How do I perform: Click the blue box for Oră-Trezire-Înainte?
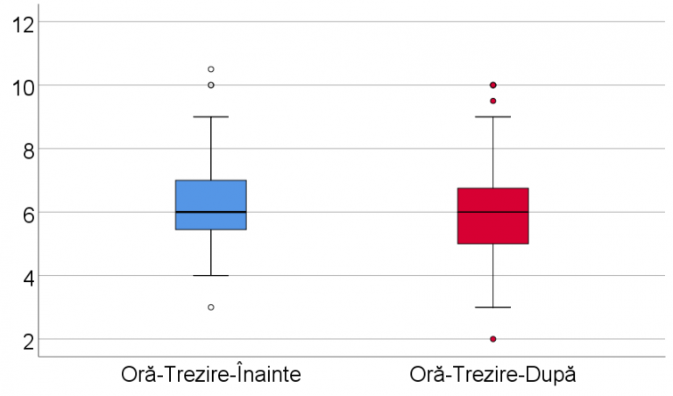(211, 197)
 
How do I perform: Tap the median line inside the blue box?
(211, 212)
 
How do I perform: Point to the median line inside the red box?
(493, 212)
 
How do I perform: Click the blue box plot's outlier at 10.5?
(211, 69)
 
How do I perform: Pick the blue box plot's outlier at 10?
(211, 85)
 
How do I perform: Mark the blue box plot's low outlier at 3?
(211, 308)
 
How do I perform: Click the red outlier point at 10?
(493, 85)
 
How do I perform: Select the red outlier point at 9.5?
(493, 101)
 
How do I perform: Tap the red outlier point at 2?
(493, 339)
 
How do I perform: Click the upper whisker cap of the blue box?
(211, 117)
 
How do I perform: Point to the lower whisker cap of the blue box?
(211, 276)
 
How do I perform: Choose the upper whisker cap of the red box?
(493, 117)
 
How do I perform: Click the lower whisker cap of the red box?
(493, 308)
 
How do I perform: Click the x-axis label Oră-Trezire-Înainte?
(211, 375)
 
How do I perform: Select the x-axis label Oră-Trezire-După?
(493, 375)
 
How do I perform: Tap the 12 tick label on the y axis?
(25, 24)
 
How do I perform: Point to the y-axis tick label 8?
(29, 150)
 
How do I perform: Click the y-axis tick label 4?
(29, 277)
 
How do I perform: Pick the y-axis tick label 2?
(29, 340)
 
